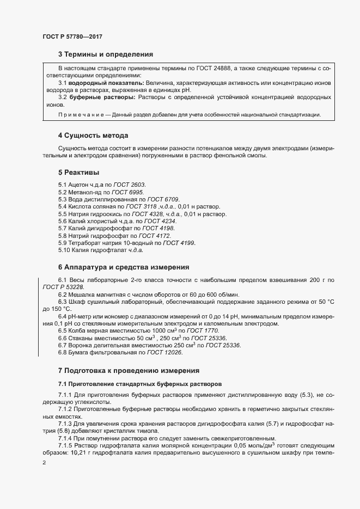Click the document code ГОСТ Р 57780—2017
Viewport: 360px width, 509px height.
click(x=72, y=36)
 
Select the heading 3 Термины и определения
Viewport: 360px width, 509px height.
click(x=105, y=54)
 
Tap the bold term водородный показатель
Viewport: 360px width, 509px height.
click(x=106, y=82)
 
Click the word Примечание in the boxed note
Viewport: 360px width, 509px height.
click(x=78, y=115)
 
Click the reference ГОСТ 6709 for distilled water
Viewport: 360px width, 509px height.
click(x=161, y=200)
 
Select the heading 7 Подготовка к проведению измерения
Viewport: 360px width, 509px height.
click(x=129, y=370)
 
